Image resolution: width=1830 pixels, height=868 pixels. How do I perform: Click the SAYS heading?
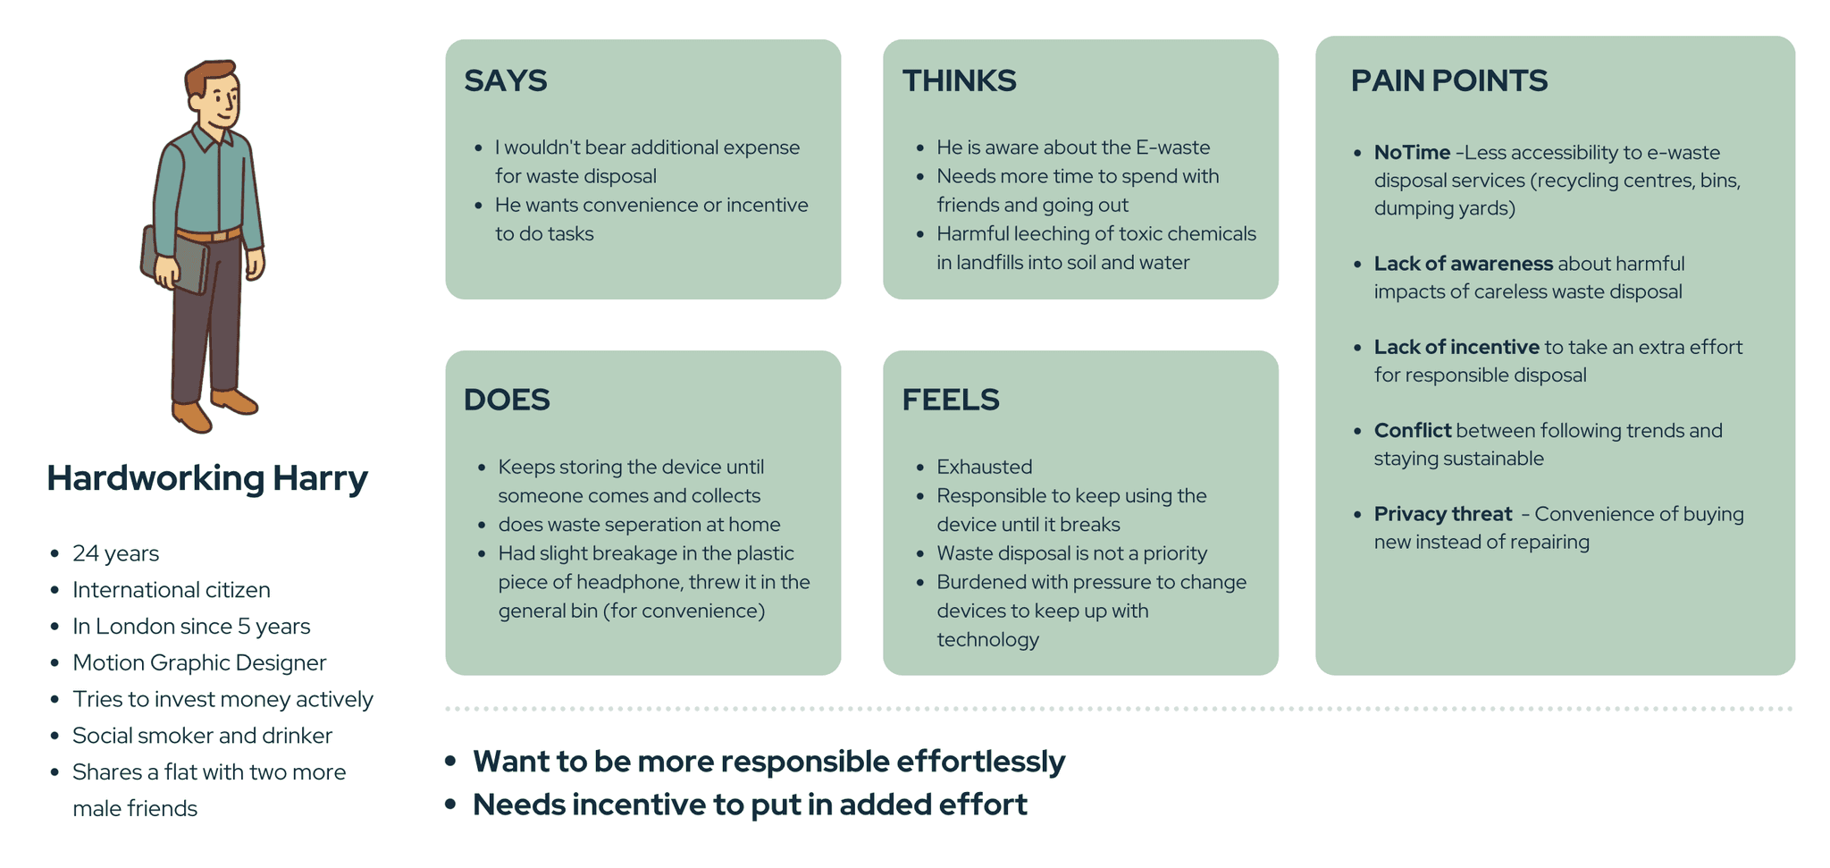coord(505,80)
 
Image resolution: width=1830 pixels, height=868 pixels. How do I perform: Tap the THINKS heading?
coord(959,80)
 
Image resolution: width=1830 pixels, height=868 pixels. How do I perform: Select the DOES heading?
coord(506,400)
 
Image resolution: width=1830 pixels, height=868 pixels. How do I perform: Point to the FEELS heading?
coord(950,400)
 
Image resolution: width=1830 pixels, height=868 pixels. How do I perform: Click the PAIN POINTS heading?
coord(1448,80)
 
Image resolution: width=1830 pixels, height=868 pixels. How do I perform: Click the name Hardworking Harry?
coord(206,478)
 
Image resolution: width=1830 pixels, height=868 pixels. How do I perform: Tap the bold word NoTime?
coord(1412,153)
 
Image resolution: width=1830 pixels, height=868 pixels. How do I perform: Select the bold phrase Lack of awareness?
coord(1463,264)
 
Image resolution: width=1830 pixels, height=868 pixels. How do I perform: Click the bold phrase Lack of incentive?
coord(1456,347)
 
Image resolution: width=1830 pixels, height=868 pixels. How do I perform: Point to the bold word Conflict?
coord(1412,431)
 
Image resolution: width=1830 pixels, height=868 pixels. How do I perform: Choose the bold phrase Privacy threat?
coord(1442,514)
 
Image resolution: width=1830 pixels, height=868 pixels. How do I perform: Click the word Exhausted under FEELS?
coord(984,467)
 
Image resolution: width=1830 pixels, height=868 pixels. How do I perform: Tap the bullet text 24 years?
coord(115,553)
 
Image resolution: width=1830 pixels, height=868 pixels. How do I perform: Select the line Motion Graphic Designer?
coord(199,662)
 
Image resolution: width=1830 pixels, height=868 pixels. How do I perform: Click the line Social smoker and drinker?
coord(202,736)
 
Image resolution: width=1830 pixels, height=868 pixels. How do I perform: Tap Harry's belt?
coord(209,236)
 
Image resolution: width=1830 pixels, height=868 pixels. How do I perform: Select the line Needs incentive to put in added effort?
coord(749,805)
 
